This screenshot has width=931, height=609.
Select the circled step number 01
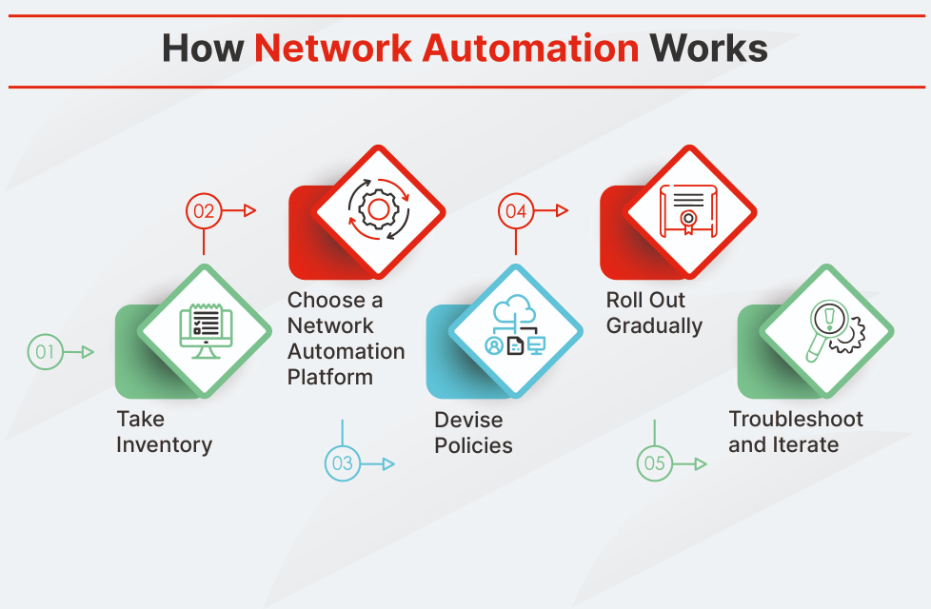pos(44,352)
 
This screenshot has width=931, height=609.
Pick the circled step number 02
pos(203,211)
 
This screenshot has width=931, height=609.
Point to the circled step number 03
pos(342,464)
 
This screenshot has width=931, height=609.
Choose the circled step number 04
pos(516,211)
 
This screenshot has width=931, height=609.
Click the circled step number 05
pos(654,464)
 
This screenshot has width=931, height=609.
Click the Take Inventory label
pos(164,432)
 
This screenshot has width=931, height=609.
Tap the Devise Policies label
pos(473,432)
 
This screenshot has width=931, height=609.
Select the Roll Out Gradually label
pos(654,313)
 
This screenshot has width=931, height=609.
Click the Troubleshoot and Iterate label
pos(796,432)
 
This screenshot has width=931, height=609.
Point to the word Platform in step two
pos(330,377)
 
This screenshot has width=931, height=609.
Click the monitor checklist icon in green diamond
pos(207,331)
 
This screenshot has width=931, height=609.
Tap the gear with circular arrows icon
pos(379,208)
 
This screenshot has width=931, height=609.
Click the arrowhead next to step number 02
pos(250,211)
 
